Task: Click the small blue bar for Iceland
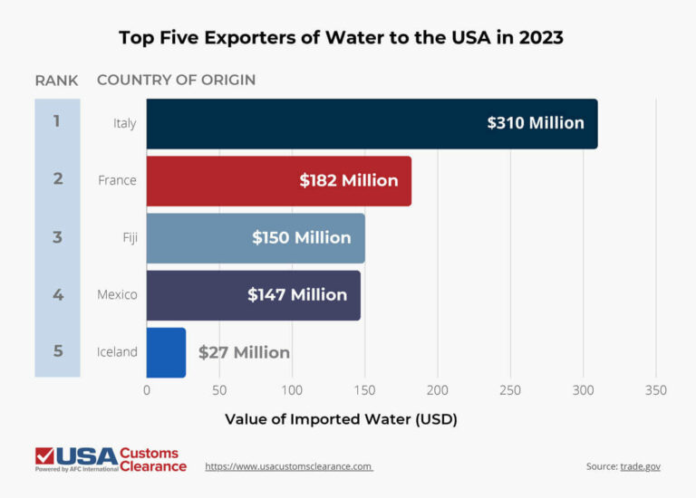(x=166, y=352)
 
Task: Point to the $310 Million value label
(x=535, y=122)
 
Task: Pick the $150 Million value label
(x=301, y=237)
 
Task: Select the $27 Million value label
(x=244, y=352)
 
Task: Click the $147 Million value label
(x=297, y=294)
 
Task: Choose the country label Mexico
(x=117, y=294)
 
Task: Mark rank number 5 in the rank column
(x=58, y=351)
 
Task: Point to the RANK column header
(x=56, y=80)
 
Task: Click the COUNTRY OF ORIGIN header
(x=176, y=80)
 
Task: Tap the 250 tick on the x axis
(x=510, y=390)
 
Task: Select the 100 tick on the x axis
(x=292, y=390)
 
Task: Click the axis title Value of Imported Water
(x=341, y=419)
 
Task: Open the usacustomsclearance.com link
(x=289, y=466)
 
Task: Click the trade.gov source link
(x=640, y=466)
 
